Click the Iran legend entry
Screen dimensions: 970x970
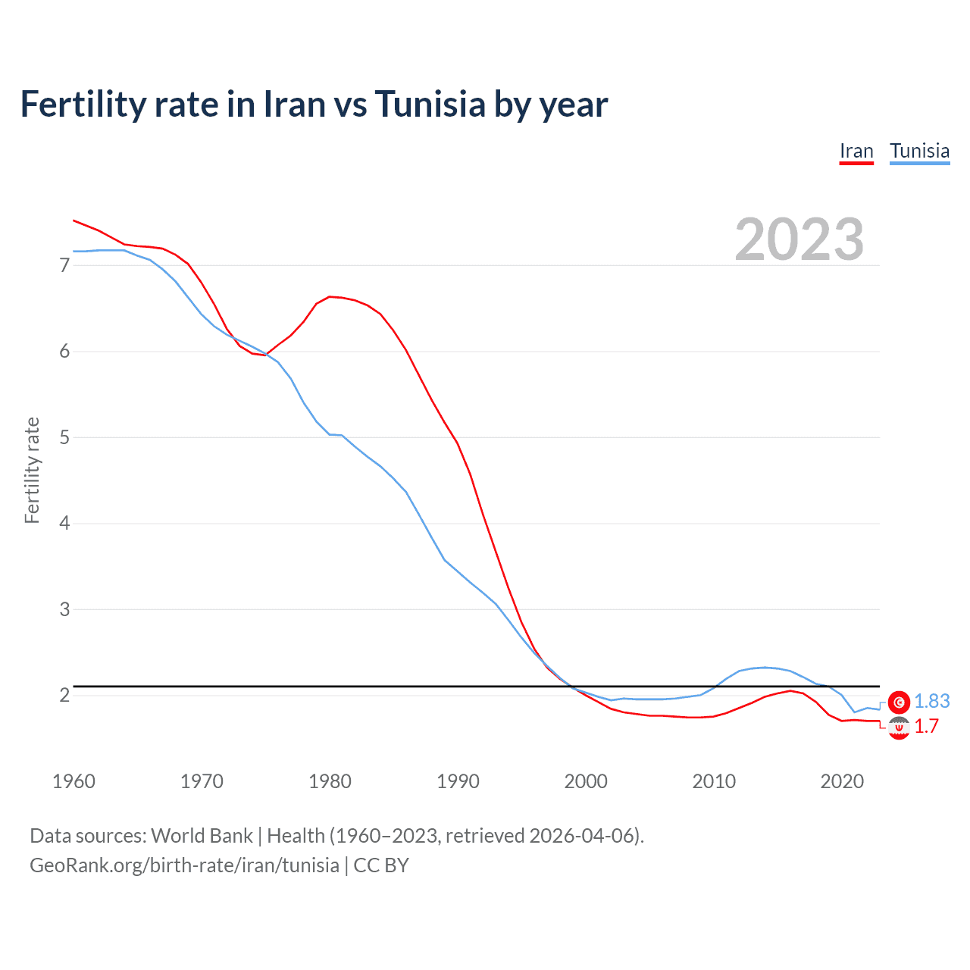(856, 151)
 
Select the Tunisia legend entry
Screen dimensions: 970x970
(919, 151)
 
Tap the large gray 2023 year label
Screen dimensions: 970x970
(799, 240)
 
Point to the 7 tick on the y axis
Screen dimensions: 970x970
(64, 265)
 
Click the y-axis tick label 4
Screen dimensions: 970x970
(64, 523)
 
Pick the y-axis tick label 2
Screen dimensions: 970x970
(64, 695)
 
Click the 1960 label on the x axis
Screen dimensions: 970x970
(74, 781)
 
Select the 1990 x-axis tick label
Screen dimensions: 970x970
(458, 781)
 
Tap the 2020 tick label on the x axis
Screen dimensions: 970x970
(842, 781)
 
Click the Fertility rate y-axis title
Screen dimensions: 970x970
(32, 470)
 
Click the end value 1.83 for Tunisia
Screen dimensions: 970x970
(931, 702)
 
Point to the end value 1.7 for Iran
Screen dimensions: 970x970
(926, 727)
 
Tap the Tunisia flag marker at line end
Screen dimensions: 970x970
(899, 702)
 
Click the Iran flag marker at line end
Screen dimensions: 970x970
(899, 728)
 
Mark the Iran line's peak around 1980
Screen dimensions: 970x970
(330, 296)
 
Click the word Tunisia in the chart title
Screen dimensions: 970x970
(430, 105)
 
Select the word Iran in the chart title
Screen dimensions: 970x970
(293, 105)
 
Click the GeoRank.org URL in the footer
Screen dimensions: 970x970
(184, 865)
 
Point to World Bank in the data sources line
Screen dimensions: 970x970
(202, 836)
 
